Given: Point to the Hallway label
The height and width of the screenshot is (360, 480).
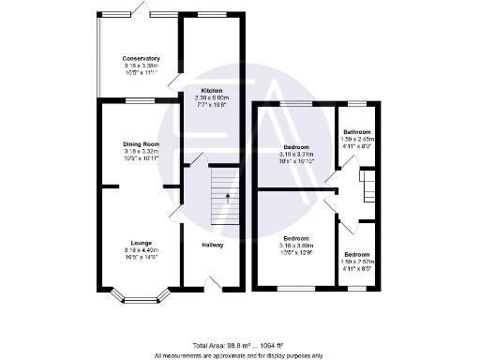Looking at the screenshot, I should pos(212,246).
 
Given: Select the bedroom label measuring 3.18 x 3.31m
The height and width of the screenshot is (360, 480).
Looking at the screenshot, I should pos(297,148).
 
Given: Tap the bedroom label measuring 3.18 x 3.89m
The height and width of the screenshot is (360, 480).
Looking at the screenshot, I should pos(297,238).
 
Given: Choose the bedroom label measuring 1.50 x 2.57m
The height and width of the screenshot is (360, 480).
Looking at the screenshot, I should pos(357,255).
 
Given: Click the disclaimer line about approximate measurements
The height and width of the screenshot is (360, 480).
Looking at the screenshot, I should pos(237,355).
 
